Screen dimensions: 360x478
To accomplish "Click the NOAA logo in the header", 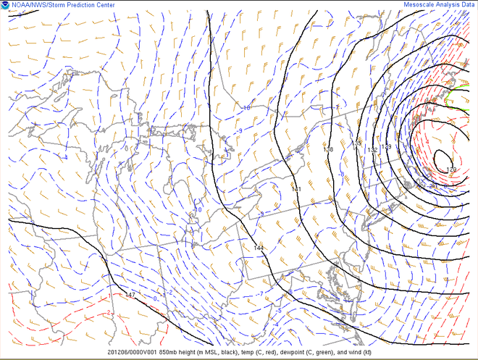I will [x=6, y=5].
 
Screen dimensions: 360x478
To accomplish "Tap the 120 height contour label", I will [x=451, y=169].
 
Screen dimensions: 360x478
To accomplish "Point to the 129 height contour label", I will [x=387, y=147].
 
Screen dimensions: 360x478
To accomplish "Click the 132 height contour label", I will [x=372, y=150].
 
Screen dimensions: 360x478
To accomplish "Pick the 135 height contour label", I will [x=356, y=143].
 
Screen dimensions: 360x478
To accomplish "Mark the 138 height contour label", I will [x=328, y=150].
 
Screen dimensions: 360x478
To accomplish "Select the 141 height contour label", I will [x=295, y=189].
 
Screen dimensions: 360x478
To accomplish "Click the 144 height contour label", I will [x=259, y=248].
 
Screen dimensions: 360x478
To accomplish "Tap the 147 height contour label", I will [x=130, y=295].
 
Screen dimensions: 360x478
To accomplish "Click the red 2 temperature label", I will [x=109, y=313].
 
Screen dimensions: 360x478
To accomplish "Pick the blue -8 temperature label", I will [x=342, y=175].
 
